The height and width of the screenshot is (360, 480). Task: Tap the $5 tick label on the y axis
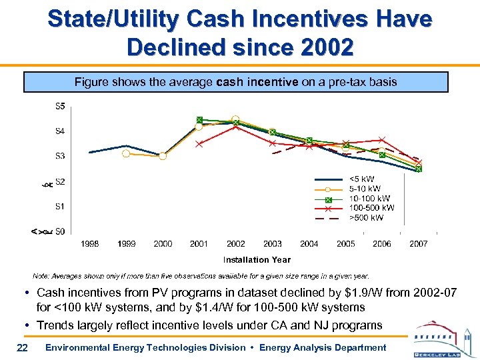(60, 106)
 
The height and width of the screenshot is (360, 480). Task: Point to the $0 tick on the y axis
(60, 231)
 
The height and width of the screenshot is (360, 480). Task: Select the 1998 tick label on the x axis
(90, 244)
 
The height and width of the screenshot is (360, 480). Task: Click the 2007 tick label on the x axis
(418, 244)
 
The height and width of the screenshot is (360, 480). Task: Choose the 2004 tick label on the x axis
(309, 244)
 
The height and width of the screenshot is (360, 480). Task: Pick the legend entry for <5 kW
(361, 179)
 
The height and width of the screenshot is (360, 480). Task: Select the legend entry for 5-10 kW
(363, 189)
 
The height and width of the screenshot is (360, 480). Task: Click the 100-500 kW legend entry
(370, 207)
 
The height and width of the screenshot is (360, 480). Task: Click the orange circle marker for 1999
(126, 153)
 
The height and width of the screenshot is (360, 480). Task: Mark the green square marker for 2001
(199, 119)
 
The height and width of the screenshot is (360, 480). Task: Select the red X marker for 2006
(382, 140)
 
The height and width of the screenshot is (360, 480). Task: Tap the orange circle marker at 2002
(235, 119)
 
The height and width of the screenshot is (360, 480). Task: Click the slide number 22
(22, 347)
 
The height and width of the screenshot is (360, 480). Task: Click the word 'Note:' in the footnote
(41, 275)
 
